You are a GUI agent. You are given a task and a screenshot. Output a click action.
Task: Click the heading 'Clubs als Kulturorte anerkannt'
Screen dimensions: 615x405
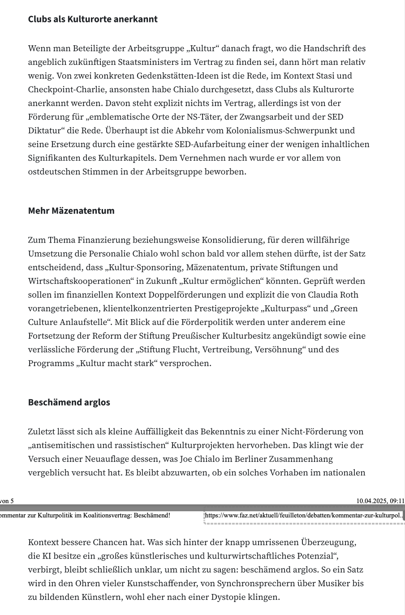pyautogui.click(x=93, y=19)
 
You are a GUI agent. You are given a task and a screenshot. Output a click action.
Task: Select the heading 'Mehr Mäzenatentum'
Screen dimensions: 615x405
pyautogui.click(x=71, y=210)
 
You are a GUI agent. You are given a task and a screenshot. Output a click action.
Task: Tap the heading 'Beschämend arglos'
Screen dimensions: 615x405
pyautogui.click(x=69, y=402)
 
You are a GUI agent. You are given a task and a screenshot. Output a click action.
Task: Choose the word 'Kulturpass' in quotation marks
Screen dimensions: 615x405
pyautogui.click(x=286, y=308)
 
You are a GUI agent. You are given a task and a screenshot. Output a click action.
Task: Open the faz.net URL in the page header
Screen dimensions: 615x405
pyautogui.click(x=303, y=515)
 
